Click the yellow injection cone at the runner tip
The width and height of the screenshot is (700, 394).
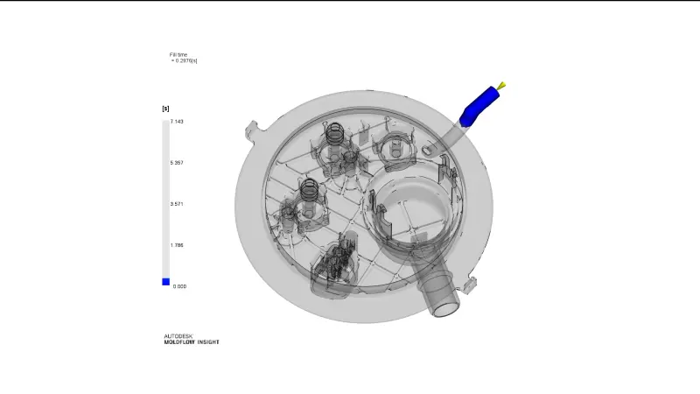click(x=501, y=86)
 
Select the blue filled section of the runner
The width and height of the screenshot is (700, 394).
click(x=479, y=106)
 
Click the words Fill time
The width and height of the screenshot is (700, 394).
click(x=178, y=54)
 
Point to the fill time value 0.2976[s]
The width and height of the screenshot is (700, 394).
click(x=185, y=60)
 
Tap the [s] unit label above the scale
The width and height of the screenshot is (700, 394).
click(x=165, y=109)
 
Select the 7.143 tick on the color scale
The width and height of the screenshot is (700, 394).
click(x=177, y=122)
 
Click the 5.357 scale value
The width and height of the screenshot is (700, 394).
click(x=177, y=163)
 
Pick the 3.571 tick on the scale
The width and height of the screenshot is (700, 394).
click(x=177, y=204)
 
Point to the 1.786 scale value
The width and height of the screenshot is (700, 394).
click(x=177, y=245)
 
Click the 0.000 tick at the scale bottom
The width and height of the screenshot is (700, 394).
click(x=179, y=286)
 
